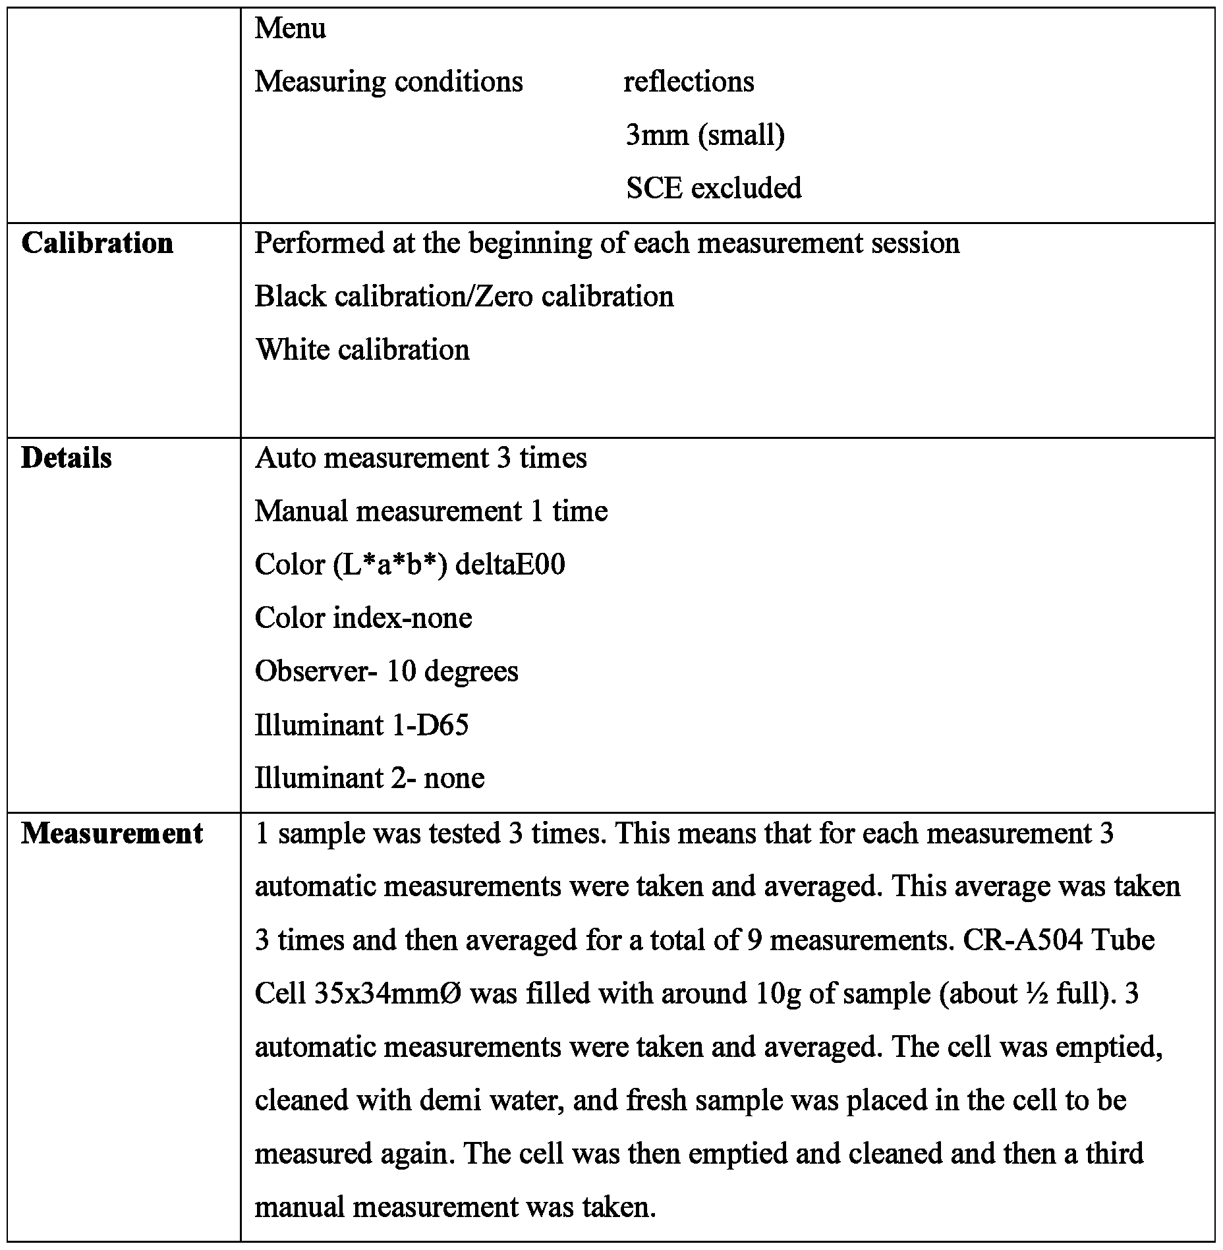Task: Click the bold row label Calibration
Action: pyautogui.click(x=98, y=243)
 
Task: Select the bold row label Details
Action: pyautogui.click(x=67, y=458)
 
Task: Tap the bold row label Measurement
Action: pyautogui.click(x=112, y=834)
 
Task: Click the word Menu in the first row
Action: pyautogui.click(x=290, y=28)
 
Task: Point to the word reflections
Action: pyautogui.click(x=689, y=82)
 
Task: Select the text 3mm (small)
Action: pyautogui.click(x=705, y=135)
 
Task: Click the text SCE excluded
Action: pyautogui.click(x=714, y=188)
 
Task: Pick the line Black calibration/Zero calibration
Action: pyautogui.click(x=464, y=297)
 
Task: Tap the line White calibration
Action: pyautogui.click(x=362, y=350)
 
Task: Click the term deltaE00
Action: pyautogui.click(x=510, y=565)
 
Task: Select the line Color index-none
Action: pyautogui.click(x=363, y=618)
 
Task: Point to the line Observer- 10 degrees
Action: pyautogui.click(x=386, y=671)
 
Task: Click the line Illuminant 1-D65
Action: pyautogui.click(x=362, y=725)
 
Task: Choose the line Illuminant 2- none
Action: pyautogui.click(x=370, y=779)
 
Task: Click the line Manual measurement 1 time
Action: pyautogui.click(x=431, y=511)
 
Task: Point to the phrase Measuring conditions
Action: pyautogui.click(x=389, y=82)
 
